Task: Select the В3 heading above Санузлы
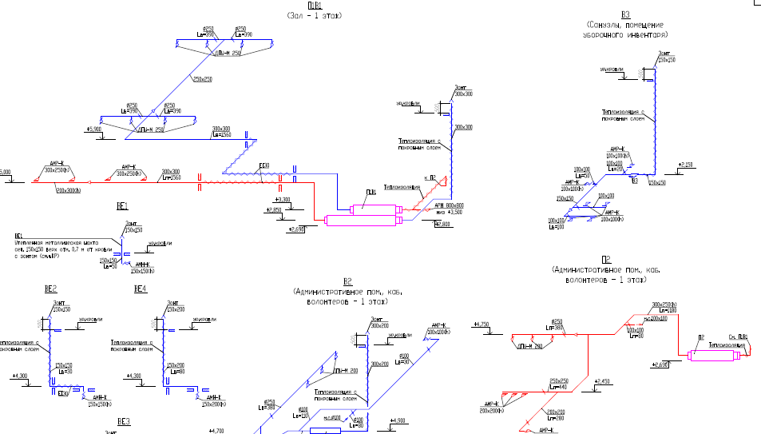coord(625,14)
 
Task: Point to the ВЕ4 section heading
coord(140,288)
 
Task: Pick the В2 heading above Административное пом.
coord(347,281)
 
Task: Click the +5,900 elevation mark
coord(94,129)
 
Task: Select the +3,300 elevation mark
coord(281,199)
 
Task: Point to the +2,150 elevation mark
coord(685,165)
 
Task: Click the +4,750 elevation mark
coord(481,324)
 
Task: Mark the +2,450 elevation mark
coord(604,381)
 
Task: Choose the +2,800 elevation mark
coord(442,224)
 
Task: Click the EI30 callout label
coord(264,166)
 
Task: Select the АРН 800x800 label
coord(449,205)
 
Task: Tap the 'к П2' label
coord(428,178)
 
